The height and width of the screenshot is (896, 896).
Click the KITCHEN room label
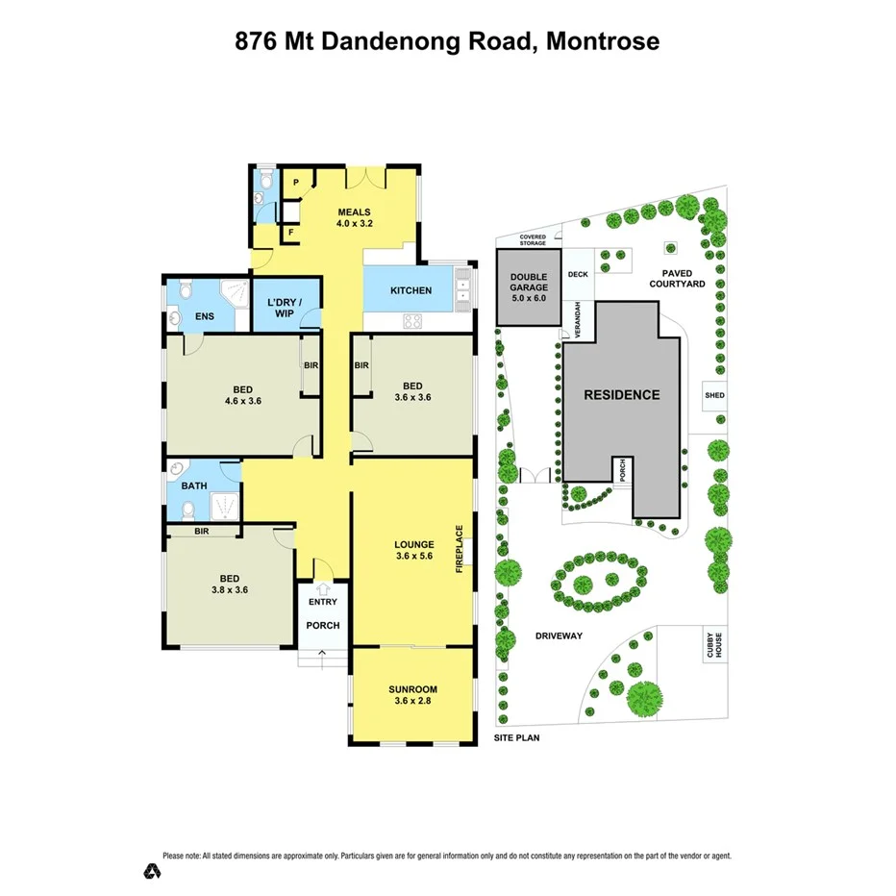tap(411, 291)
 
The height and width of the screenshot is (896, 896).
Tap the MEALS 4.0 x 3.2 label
tap(354, 218)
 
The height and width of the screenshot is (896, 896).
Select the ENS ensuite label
tap(205, 315)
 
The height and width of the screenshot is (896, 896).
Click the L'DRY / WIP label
tap(284, 309)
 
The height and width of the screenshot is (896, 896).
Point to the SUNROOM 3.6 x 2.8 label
tap(413, 695)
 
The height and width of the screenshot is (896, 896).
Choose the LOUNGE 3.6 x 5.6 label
tap(414, 550)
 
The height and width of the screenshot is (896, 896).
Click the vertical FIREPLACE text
tap(460, 549)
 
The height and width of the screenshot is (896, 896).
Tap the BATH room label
tap(195, 486)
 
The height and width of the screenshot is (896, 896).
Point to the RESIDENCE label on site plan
tap(623, 395)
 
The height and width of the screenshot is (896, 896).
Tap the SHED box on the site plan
tap(714, 395)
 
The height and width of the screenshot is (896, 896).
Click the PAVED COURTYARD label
tap(677, 278)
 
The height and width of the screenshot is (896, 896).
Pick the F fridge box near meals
tap(291, 233)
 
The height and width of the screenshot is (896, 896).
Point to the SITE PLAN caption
tap(517, 738)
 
